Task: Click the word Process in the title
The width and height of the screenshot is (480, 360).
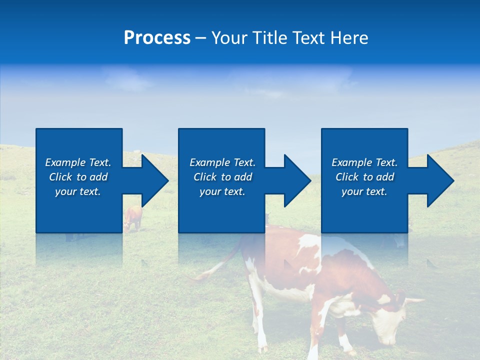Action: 157,38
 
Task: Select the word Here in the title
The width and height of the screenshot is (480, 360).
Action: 348,38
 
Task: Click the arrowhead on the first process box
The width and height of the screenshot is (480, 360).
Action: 150,180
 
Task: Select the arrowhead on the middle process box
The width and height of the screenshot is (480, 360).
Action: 293,180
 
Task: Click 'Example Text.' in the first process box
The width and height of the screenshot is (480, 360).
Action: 78,162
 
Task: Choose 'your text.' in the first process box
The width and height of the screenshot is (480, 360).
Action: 78,191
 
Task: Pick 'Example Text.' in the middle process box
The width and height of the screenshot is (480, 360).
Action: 222,162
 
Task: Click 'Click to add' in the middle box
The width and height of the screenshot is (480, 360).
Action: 222,177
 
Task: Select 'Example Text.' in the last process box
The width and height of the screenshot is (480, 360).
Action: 364,162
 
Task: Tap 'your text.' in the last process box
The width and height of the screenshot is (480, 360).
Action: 364,191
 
